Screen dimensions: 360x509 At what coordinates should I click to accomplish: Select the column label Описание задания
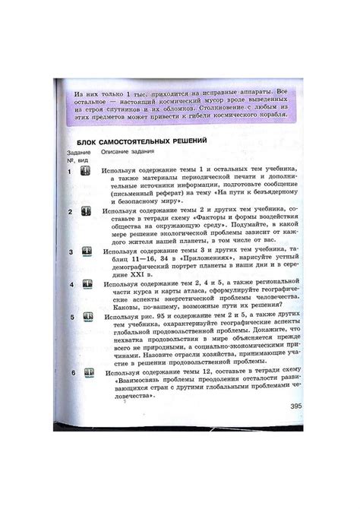tap(125, 153)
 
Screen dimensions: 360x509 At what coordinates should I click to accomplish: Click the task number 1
tap(69, 172)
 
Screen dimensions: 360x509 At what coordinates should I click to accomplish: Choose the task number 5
tap(71, 315)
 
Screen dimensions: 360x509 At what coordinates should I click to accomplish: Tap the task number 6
tap(73, 373)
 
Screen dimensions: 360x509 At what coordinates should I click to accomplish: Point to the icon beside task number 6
tap(90, 373)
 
